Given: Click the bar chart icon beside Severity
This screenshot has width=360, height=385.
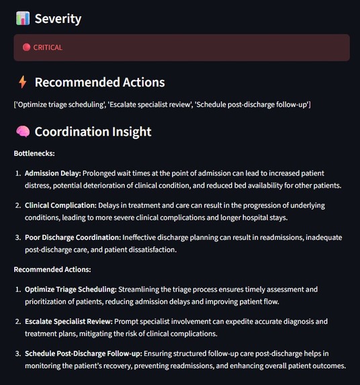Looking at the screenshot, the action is [22, 18].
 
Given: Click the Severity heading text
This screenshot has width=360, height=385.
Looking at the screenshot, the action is [58, 19].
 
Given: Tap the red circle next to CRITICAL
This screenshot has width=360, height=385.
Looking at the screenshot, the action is [26, 48].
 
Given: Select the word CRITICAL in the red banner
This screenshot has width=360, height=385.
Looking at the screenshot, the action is [48, 48].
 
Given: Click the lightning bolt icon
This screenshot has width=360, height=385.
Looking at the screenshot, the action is [22, 82].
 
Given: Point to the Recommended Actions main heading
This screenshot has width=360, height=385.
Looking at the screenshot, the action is [99, 83].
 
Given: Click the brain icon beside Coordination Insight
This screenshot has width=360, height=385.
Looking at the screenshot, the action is [22, 131].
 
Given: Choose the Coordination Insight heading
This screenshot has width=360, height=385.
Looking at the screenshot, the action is [93, 132].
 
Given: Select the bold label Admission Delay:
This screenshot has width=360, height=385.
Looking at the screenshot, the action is [52, 173].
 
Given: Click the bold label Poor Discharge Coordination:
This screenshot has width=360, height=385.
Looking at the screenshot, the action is [73, 237].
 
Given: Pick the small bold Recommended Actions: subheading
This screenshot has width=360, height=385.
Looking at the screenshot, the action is [52, 269].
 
